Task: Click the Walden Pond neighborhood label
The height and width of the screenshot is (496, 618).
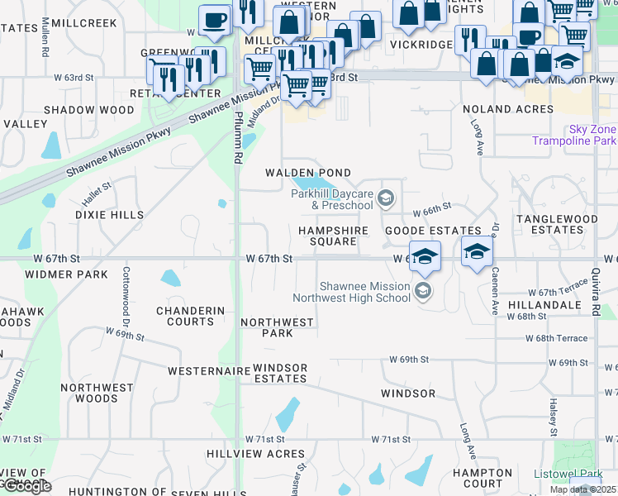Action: coord(307,173)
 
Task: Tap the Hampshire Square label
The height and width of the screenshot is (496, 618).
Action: coord(327,236)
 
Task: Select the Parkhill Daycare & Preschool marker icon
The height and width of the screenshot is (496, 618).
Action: coord(386,198)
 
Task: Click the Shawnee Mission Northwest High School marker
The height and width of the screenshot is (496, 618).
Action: coord(423,290)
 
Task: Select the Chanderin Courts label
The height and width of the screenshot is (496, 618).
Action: coord(190,316)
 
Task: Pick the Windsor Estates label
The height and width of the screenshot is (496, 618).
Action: coord(281,373)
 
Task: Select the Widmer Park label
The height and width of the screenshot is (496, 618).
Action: coord(67,274)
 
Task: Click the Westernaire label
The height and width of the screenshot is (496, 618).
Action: coord(209,371)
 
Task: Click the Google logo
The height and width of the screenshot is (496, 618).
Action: coord(26,486)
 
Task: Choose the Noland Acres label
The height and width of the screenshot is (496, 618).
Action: coord(508,109)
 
